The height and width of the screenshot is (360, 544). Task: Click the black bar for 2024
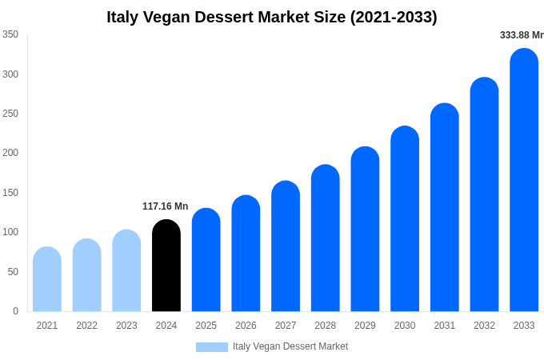point(166,266)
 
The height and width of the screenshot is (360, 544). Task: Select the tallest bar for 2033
point(524,180)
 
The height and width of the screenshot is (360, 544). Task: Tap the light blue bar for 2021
point(47,279)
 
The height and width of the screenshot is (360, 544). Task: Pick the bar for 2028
point(326,238)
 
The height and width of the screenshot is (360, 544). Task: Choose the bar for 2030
point(405,219)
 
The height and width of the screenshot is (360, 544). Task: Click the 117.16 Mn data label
point(166,206)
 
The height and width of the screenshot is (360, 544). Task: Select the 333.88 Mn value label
point(521,35)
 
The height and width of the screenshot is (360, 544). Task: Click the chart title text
point(272,17)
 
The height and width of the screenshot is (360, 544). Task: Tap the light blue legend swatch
point(212,347)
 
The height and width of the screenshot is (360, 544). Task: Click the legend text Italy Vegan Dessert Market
point(290,346)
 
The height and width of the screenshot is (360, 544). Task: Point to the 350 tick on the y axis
point(10,34)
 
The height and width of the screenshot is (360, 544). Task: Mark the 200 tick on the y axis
point(10,153)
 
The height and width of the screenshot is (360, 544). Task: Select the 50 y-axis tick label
point(13,272)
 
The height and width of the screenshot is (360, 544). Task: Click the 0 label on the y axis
point(15,311)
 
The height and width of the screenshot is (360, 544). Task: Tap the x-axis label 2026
point(246,326)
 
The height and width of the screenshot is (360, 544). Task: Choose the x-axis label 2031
point(445,326)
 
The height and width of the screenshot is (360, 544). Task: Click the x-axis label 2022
point(86,326)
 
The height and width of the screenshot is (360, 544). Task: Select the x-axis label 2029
point(365,326)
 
